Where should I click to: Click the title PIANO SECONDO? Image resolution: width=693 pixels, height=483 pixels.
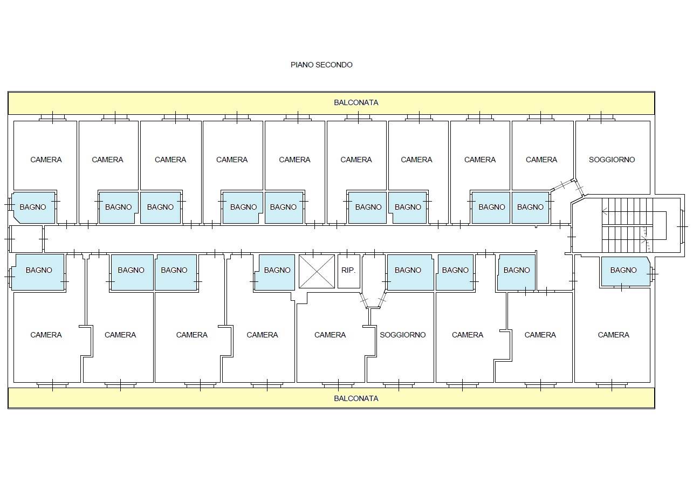point(321,65)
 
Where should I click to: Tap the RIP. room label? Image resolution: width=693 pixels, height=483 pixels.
point(348,270)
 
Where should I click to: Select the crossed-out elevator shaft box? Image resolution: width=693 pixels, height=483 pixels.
point(317,271)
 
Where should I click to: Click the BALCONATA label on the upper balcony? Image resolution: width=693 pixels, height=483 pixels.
point(356,102)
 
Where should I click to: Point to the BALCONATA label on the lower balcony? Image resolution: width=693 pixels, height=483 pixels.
point(356,398)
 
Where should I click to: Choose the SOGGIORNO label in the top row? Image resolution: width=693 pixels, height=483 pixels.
point(612,160)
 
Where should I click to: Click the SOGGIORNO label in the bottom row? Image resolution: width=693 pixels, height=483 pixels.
point(402,335)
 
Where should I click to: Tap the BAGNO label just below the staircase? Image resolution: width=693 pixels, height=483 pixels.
point(623,270)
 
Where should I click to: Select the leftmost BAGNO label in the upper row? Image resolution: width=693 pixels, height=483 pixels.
point(33,207)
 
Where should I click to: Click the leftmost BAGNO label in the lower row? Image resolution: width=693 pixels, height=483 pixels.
point(39,270)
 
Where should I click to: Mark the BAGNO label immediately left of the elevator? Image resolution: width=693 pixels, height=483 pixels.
point(277,270)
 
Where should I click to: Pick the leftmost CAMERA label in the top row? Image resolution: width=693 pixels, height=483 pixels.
point(46,160)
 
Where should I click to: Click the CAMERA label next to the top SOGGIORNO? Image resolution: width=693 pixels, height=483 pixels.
point(541,160)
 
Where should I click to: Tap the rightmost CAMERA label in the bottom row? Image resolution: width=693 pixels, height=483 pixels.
point(614,335)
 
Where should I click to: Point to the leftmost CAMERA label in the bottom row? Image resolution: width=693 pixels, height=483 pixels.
point(46,335)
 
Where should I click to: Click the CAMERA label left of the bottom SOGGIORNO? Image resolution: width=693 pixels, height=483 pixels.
point(330,335)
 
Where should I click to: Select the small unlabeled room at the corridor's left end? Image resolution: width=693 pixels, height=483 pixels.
point(26,239)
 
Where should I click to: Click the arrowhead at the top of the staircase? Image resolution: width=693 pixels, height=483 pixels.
point(603,212)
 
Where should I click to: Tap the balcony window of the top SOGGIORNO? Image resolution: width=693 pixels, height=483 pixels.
point(601,118)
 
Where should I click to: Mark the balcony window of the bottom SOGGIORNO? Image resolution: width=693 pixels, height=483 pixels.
point(399,385)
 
